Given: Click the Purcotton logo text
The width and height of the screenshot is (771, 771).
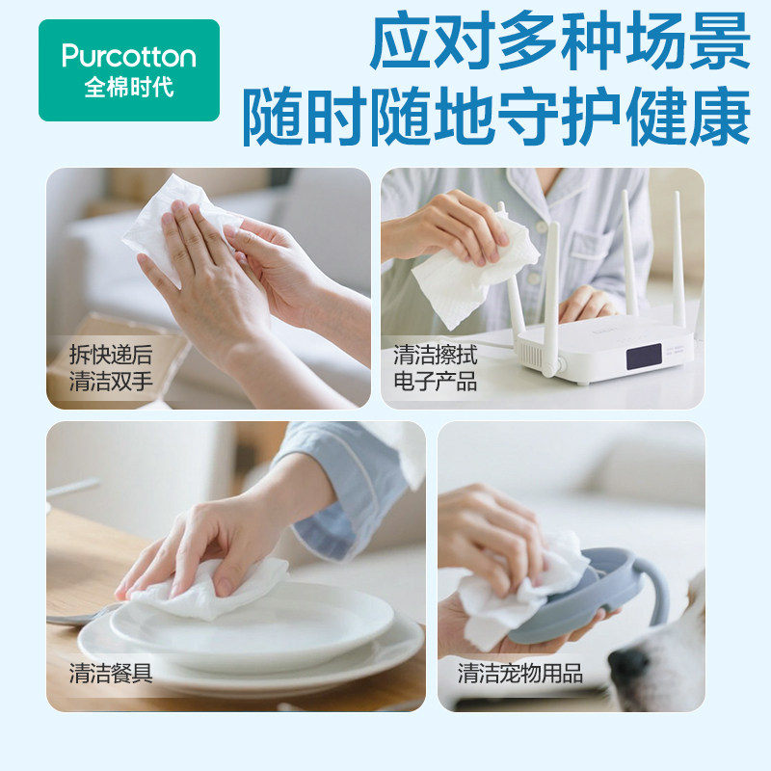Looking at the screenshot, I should point(128,56).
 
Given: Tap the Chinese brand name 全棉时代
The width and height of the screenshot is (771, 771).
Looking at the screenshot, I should point(128,88).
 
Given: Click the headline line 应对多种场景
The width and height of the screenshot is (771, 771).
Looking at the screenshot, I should point(560,43).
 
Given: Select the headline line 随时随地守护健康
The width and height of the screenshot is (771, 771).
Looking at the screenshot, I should point(495,118).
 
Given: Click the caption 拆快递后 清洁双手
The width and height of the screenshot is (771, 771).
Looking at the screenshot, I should point(111,367).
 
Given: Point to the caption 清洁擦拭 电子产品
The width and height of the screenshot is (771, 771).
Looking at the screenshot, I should point(435,367).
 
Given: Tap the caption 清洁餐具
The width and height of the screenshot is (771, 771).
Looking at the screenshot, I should point(111,673).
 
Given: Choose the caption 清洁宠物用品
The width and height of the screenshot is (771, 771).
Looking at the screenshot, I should point(519,673).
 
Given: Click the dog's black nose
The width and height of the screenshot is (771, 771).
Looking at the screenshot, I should point(628,664).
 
